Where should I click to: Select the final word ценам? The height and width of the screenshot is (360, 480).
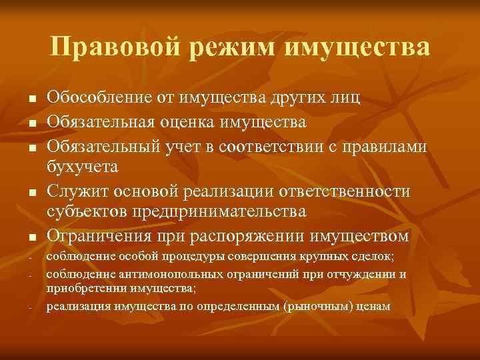(375, 307)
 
